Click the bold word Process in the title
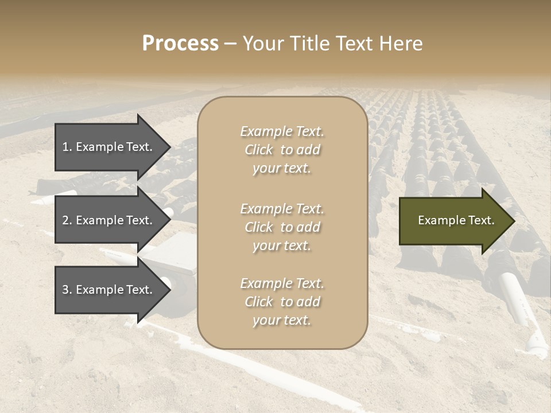click(180, 44)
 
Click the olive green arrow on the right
click(453, 220)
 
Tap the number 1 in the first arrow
click(65, 147)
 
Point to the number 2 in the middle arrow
click(65, 220)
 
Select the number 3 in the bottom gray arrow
click(65, 290)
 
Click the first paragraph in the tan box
click(282, 150)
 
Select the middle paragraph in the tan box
click(282, 227)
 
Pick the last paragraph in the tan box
click(282, 302)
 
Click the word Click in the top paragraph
click(258, 150)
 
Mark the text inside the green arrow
click(456, 220)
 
